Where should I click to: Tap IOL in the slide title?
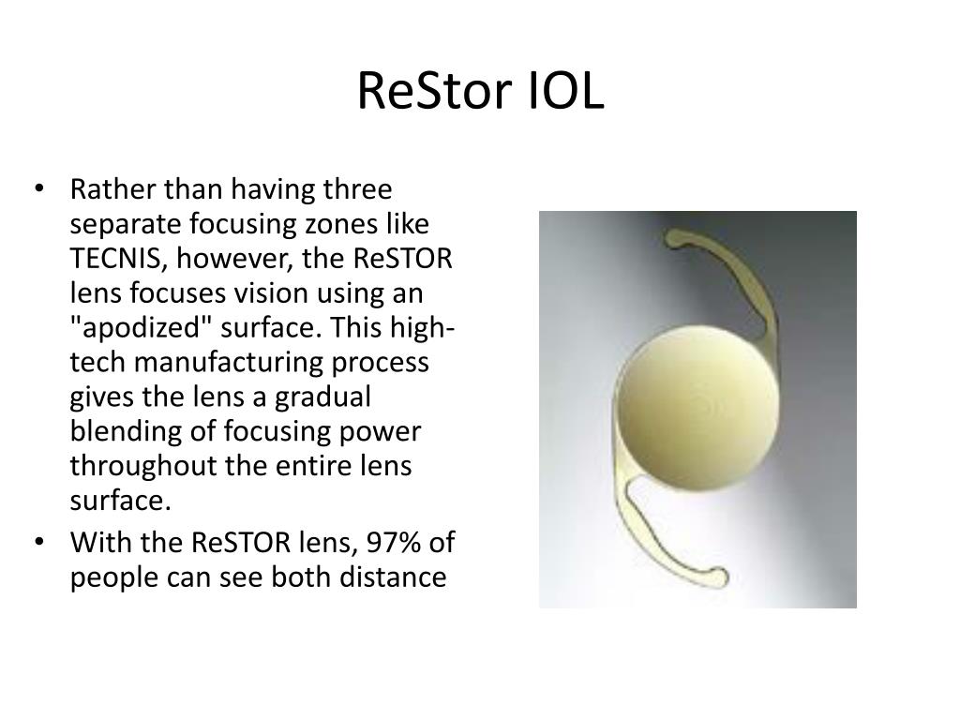tap(565, 94)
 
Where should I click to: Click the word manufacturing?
tap(224, 362)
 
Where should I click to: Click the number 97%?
tap(397, 544)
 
